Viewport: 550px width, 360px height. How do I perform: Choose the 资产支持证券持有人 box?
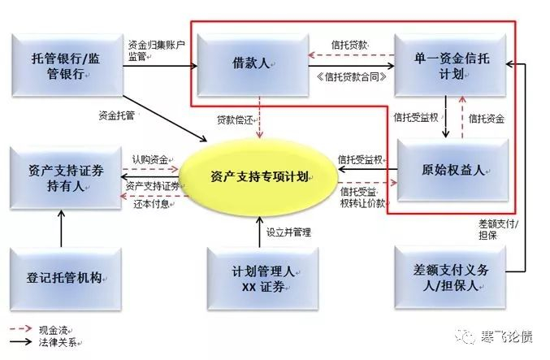[63, 176]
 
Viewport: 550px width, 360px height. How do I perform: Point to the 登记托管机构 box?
[63, 274]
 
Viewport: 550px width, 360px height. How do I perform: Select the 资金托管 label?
[116, 115]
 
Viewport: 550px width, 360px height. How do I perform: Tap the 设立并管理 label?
[288, 232]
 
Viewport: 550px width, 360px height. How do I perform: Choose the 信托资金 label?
[487, 119]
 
